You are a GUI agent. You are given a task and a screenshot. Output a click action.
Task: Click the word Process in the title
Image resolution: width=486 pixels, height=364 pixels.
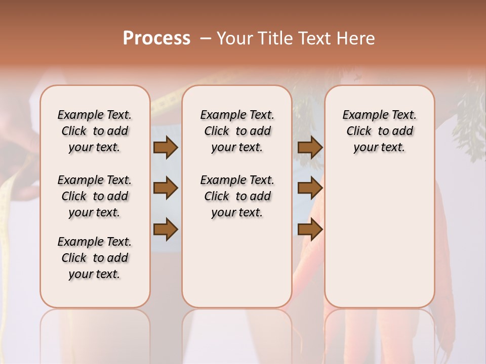(x=156, y=38)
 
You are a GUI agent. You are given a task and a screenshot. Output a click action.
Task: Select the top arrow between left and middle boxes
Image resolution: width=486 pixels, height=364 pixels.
(x=166, y=148)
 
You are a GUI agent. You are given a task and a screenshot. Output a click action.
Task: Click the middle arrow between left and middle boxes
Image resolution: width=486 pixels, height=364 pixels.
(x=166, y=188)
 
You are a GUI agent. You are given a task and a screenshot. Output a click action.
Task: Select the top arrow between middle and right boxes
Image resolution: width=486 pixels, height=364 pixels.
(x=310, y=148)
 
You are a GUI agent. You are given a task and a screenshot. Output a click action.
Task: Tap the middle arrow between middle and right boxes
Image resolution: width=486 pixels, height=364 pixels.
(x=310, y=188)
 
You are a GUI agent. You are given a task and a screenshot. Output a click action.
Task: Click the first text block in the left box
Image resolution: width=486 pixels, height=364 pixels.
(x=94, y=131)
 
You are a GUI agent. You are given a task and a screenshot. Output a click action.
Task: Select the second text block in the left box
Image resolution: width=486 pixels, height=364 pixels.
(x=94, y=196)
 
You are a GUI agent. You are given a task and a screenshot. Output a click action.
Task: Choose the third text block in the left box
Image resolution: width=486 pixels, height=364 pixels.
(x=94, y=258)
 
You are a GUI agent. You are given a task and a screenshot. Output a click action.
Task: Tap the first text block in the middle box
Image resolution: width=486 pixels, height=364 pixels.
(x=237, y=131)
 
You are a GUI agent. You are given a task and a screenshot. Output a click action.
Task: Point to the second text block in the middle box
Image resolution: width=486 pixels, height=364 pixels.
(x=237, y=196)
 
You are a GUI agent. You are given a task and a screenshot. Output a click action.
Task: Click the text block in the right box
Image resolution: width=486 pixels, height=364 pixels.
(x=379, y=131)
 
